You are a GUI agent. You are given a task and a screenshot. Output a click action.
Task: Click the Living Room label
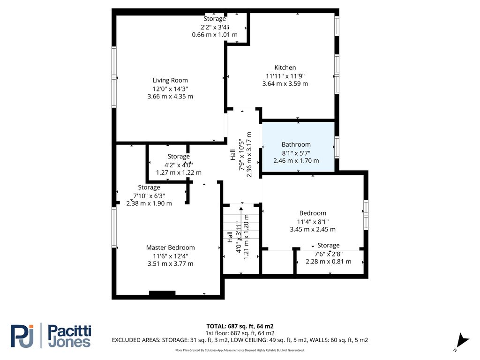[170, 80]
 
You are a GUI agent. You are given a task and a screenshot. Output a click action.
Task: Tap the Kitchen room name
[285, 67]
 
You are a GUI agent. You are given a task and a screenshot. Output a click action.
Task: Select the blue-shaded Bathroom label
[296, 144]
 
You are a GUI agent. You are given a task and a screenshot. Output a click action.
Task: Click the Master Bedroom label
[170, 247]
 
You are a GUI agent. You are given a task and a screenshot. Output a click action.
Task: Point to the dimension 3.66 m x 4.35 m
[170, 97]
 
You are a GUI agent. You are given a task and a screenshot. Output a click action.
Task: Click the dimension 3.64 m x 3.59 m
[285, 84]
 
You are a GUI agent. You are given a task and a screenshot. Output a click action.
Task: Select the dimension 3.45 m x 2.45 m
[313, 230]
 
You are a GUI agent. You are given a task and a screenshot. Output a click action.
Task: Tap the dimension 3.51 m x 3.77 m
[170, 264]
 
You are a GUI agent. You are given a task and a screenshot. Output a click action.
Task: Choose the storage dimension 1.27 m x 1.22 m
[179, 172]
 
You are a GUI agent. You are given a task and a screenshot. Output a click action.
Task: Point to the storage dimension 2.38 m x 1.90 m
[149, 203]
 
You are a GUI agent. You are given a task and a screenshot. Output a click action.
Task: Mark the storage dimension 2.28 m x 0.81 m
[328, 262]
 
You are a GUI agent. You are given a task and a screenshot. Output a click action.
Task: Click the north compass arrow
[463, 340]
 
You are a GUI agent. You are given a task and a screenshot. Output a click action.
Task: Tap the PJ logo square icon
[22, 336]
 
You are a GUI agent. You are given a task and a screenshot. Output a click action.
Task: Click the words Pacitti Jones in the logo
[69, 336]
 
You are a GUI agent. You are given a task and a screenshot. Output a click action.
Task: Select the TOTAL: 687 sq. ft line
[240, 326]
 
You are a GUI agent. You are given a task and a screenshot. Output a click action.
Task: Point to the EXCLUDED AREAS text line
[240, 340]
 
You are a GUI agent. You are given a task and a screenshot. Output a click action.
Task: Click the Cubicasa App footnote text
[240, 350]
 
